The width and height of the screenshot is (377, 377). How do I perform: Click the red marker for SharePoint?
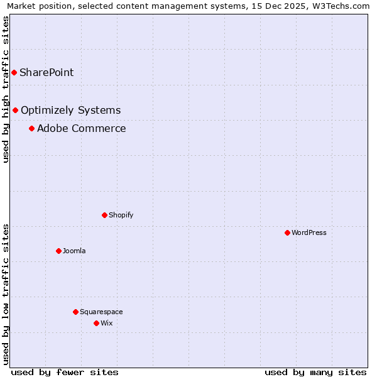(x=14, y=72)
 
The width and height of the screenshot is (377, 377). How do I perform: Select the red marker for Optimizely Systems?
(x=16, y=111)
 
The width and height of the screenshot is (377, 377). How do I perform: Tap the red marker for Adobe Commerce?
(x=31, y=129)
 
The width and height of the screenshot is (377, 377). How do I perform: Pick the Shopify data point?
(x=104, y=215)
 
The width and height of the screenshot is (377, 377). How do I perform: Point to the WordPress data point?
(x=287, y=232)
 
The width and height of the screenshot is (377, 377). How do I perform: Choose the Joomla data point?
(x=58, y=251)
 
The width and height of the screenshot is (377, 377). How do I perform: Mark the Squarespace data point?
(x=75, y=312)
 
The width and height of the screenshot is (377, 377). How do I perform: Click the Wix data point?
(x=96, y=323)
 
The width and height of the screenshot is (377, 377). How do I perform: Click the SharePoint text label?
(x=46, y=72)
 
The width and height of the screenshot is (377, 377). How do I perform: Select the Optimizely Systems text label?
(x=70, y=111)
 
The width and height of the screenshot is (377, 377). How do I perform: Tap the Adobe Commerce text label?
(x=81, y=129)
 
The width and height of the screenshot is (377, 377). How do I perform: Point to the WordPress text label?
(x=309, y=232)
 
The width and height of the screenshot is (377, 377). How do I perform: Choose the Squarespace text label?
(x=101, y=312)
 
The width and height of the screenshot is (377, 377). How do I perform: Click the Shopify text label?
(x=121, y=215)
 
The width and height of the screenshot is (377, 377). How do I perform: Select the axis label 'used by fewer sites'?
(x=65, y=372)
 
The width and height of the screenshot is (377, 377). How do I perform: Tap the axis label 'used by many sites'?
(x=315, y=372)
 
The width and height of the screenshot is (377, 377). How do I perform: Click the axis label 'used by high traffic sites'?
(x=6, y=89)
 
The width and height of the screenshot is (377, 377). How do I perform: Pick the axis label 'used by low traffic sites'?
(x=6, y=294)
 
